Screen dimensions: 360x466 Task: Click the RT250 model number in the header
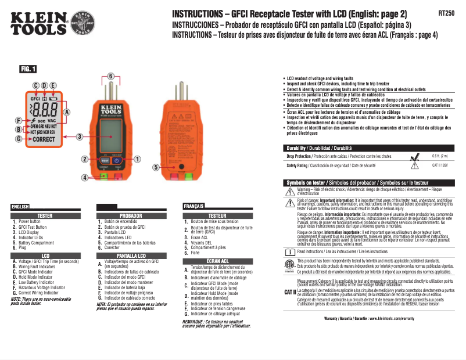(x=446, y=13)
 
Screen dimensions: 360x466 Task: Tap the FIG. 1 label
(x=28, y=69)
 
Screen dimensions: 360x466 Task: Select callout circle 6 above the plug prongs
(x=110, y=75)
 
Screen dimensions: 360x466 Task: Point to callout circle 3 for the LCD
(x=80, y=137)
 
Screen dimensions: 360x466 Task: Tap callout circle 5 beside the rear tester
(x=156, y=167)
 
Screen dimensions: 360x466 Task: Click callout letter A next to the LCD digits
(x=67, y=111)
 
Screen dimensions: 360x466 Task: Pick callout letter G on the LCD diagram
(x=19, y=139)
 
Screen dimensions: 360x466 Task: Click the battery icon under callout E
(x=54, y=99)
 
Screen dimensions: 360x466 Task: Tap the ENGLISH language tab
(x=20, y=206)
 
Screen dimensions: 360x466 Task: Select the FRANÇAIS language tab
(x=193, y=206)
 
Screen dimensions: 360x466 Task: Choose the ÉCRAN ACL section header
(x=217, y=261)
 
